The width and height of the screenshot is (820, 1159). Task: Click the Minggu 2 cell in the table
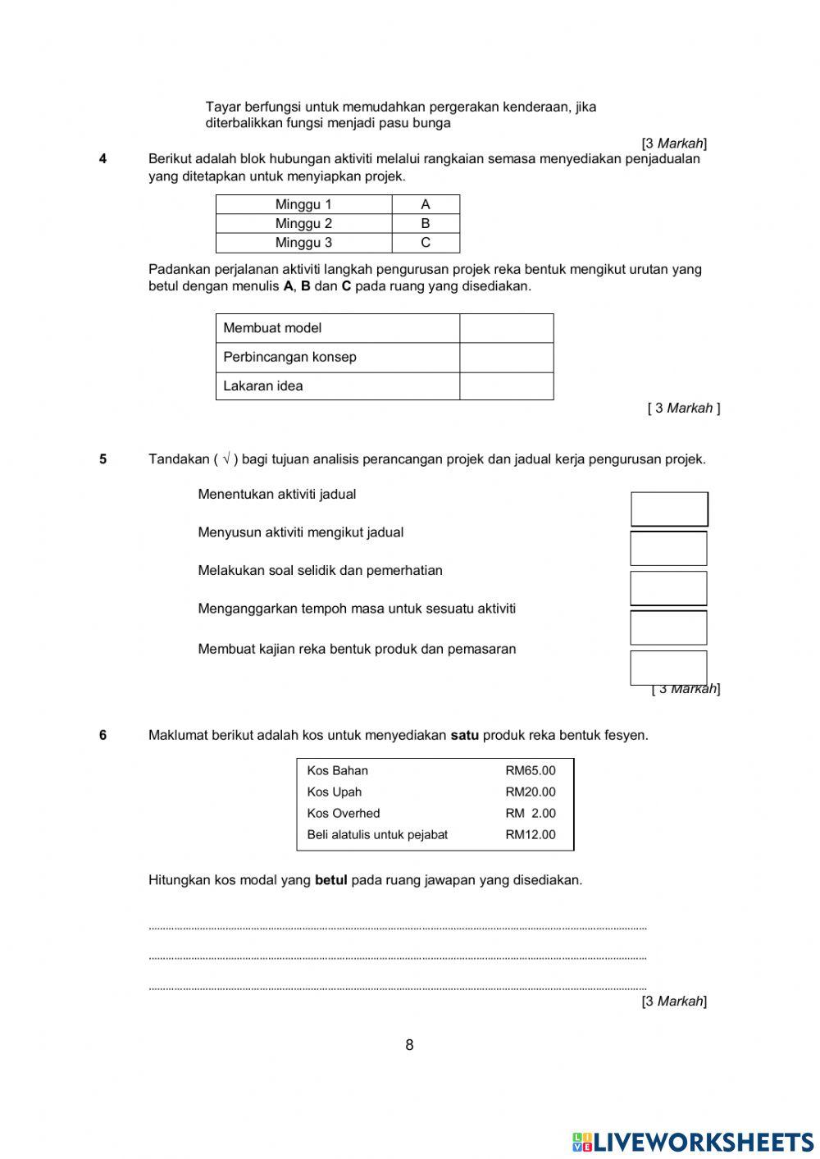pos(303,223)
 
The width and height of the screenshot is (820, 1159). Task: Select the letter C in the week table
pos(425,243)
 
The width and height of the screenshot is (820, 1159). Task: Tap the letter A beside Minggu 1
pos(425,204)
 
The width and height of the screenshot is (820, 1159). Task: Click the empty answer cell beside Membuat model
pos(506,328)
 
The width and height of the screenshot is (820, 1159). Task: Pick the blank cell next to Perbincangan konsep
pos(506,358)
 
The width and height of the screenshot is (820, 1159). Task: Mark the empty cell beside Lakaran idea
pos(506,386)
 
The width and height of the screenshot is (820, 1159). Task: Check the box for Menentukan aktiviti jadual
pos(668,509)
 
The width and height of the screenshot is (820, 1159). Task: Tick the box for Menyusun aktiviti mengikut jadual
pos(668,549)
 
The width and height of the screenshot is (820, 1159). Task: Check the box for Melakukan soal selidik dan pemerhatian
pos(668,588)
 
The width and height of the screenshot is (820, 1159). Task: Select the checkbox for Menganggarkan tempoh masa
pos(668,627)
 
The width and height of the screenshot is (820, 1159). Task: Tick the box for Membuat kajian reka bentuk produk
pos(668,668)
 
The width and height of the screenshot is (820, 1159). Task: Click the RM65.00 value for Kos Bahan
pos(530,770)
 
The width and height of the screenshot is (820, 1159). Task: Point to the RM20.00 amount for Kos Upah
pos(530,792)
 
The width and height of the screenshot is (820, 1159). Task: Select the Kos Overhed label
pos(344,813)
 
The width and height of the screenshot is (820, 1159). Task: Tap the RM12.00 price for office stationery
pos(530,834)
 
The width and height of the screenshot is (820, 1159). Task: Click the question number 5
pos(102,459)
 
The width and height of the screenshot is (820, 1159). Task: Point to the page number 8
pos(409,1045)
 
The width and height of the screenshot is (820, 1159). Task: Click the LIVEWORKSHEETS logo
pos(692,1142)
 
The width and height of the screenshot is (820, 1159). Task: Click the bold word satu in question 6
pos(465,735)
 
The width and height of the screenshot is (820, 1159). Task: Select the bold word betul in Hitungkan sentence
pos(330,880)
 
